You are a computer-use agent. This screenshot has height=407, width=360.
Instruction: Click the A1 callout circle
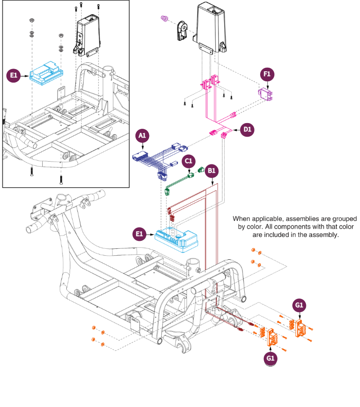(x=142, y=136)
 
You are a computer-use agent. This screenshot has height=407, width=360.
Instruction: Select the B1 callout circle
(x=212, y=170)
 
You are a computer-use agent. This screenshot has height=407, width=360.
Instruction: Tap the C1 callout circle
(x=189, y=161)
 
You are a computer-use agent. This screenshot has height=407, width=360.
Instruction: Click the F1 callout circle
(x=267, y=75)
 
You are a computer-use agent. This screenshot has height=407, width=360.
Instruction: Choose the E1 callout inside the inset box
(x=13, y=76)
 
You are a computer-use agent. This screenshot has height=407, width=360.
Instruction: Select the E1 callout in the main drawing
(x=139, y=234)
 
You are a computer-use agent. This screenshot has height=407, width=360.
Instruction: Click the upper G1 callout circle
(x=299, y=305)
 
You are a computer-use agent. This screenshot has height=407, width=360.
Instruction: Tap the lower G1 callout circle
(x=271, y=358)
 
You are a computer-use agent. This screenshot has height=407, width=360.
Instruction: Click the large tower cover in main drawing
(x=213, y=26)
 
